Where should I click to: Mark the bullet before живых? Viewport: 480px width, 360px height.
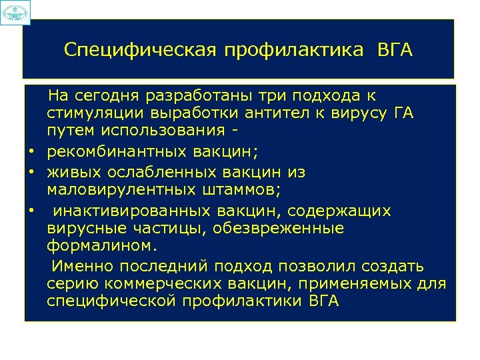(31, 173)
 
